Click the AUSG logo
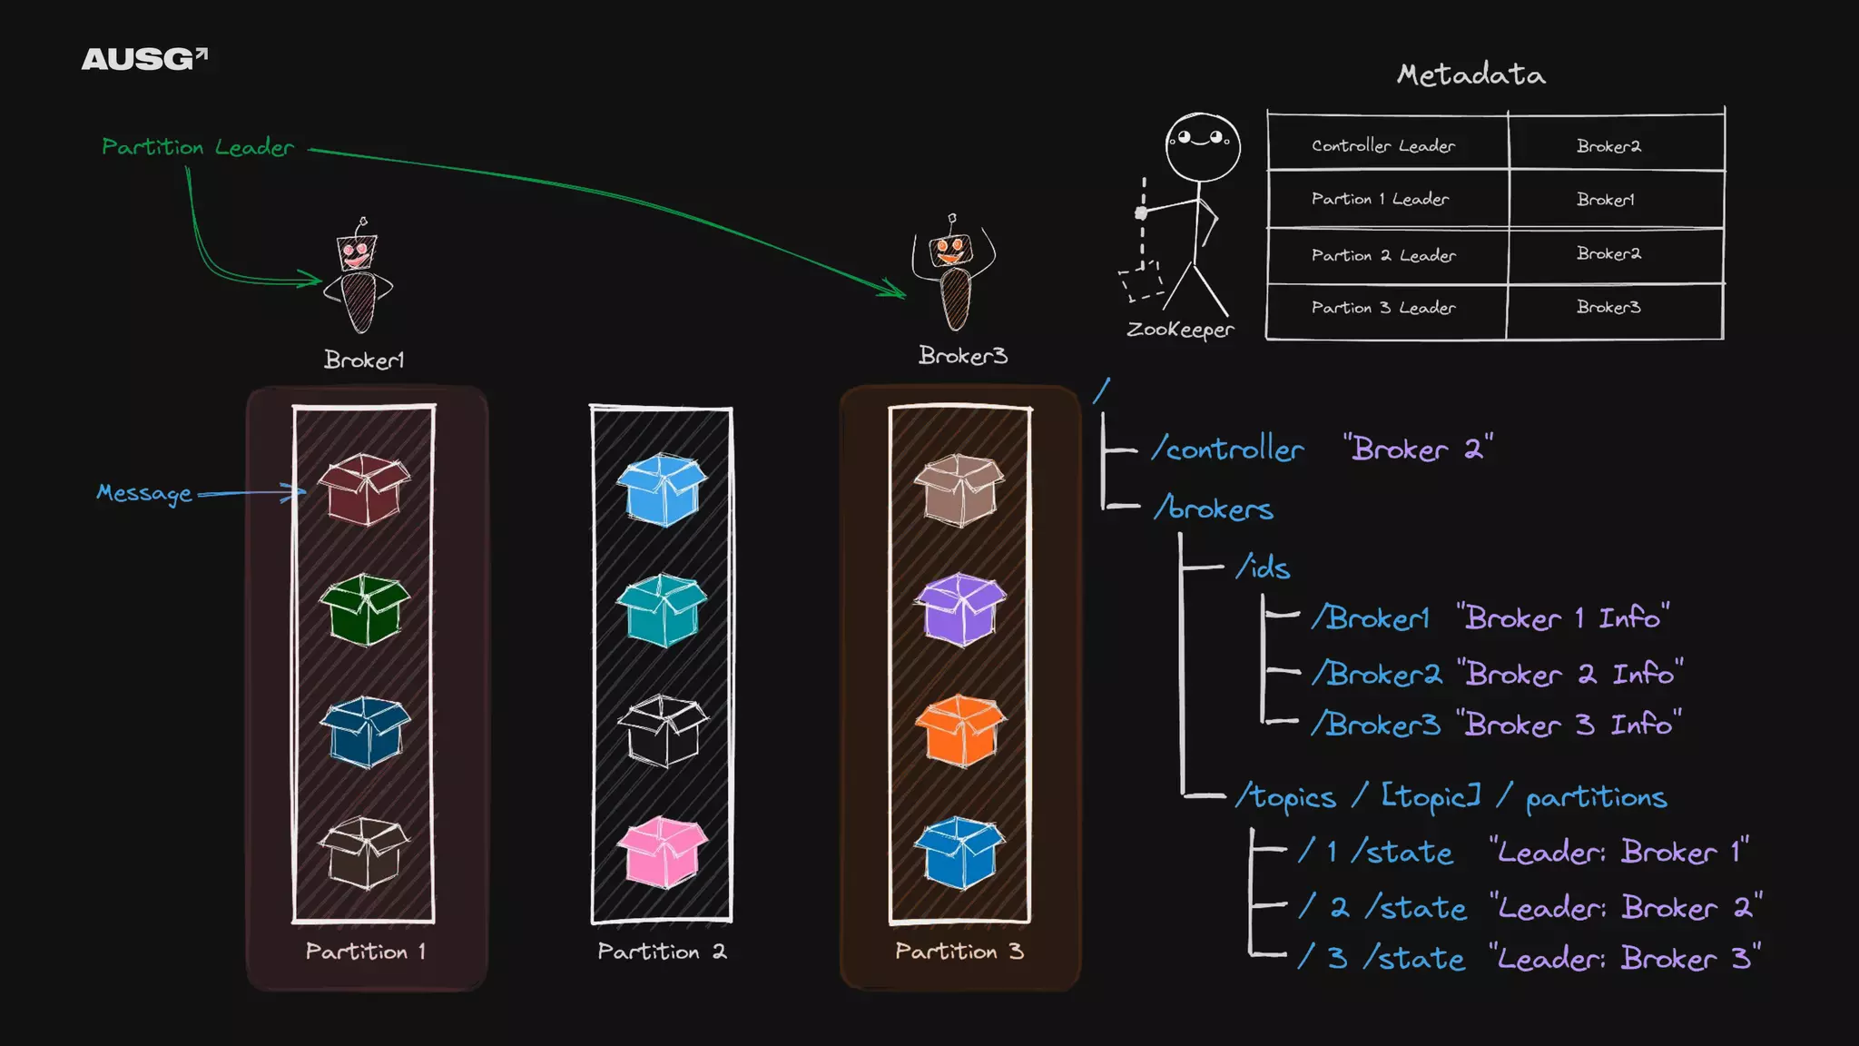point(144,59)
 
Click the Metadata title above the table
point(1470,74)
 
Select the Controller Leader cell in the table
point(1383,145)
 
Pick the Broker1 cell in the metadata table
point(1605,199)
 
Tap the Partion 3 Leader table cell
point(1383,308)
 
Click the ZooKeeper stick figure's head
point(1203,145)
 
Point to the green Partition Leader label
point(198,147)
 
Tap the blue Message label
point(144,493)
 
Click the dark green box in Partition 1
point(364,609)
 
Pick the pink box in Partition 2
point(663,852)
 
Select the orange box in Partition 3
point(959,730)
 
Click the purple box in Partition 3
point(959,608)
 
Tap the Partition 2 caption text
point(662,952)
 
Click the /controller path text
point(1227,449)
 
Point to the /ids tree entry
point(1263,568)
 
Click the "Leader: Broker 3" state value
point(1625,959)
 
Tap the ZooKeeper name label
point(1180,330)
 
